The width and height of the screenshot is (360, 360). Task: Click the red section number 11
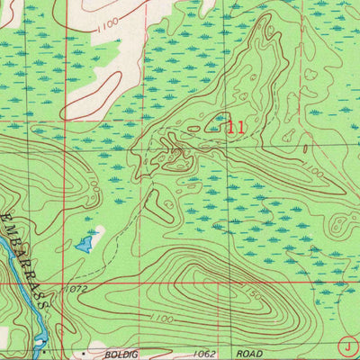[236, 128]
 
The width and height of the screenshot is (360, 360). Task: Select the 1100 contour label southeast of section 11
[312, 170]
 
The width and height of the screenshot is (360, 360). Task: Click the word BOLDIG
[119, 355]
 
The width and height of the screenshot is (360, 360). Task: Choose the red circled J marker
[348, 345]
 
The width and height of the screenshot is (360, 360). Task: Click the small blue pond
[85, 243]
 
